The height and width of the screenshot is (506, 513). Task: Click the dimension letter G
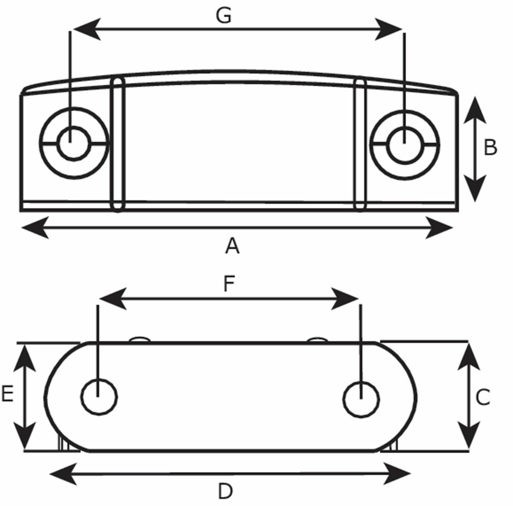point(224,16)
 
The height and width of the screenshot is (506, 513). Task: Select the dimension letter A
point(232,247)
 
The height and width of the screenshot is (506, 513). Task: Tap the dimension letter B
point(490,148)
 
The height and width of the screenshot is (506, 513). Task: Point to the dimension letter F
point(229,284)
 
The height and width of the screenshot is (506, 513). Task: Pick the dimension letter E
point(7,395)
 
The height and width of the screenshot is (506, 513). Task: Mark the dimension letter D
point(225,492)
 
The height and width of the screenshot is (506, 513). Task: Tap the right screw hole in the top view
point(404,145)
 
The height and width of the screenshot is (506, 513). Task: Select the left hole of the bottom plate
point(100,397)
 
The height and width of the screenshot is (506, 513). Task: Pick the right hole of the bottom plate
point(361,399)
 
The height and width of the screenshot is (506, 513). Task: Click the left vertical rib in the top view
point(119,144)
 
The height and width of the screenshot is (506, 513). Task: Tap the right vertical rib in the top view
point(361,144)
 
